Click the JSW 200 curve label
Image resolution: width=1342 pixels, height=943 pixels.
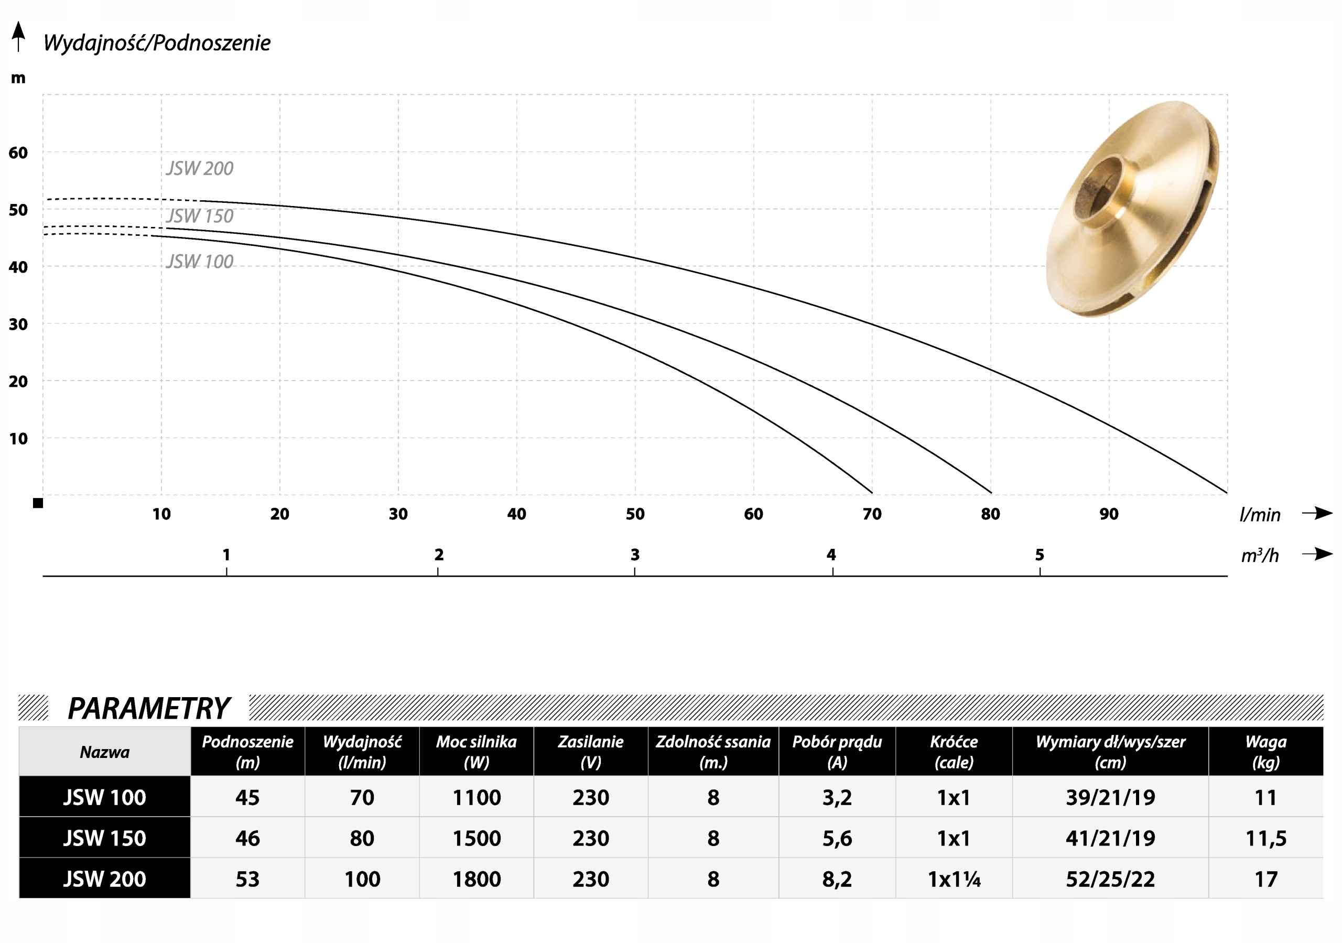pos(200,168)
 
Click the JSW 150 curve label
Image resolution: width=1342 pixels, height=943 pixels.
pos(200,216)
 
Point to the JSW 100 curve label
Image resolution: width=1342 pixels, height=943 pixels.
pos(200,262)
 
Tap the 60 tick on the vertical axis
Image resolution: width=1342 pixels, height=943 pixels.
pos(18,153)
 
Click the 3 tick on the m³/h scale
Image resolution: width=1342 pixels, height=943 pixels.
pos(635,554)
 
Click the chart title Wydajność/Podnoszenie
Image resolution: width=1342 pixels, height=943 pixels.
pos(157,42)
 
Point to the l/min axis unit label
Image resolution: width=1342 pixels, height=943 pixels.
pos(1260,514)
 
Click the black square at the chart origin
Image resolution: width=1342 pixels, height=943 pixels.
pos(38,503)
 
